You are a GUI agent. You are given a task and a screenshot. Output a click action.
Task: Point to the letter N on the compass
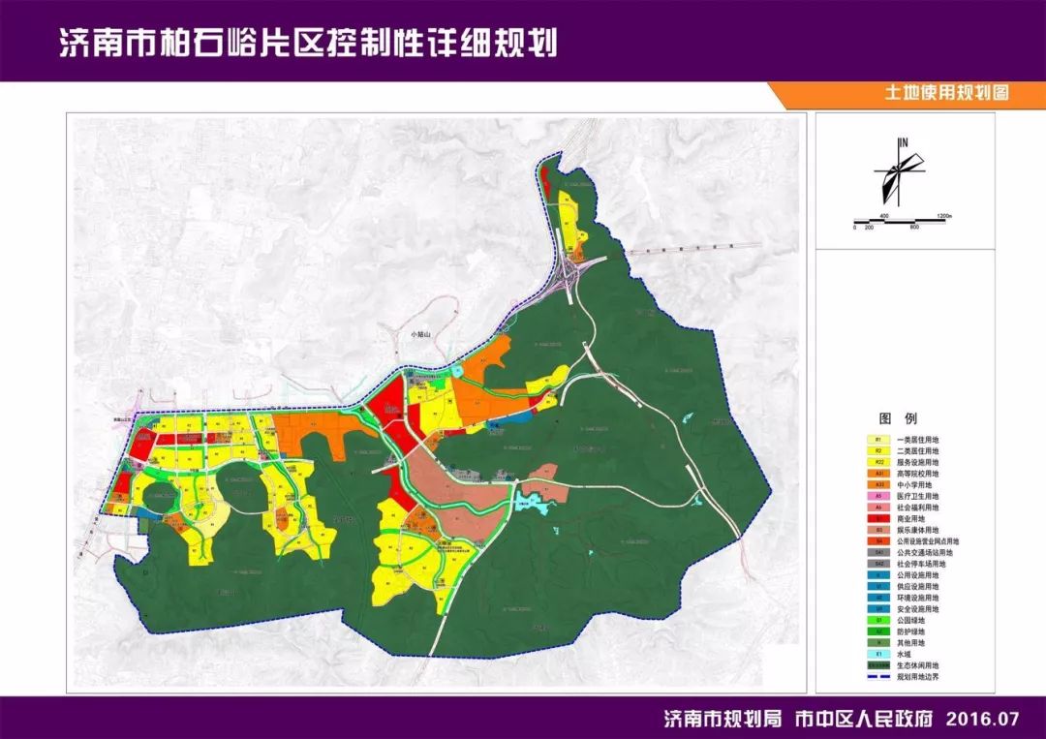904,143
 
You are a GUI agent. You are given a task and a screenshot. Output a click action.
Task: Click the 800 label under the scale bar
913,227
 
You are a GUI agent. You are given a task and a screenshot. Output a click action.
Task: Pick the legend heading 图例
891,419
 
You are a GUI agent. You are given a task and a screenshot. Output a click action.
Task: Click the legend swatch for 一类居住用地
877,440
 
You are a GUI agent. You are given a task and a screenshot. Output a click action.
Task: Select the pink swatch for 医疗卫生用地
877,496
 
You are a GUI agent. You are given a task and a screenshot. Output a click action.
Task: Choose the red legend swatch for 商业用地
877,518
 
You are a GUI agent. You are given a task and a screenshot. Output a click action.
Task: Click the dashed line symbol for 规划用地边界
877,677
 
